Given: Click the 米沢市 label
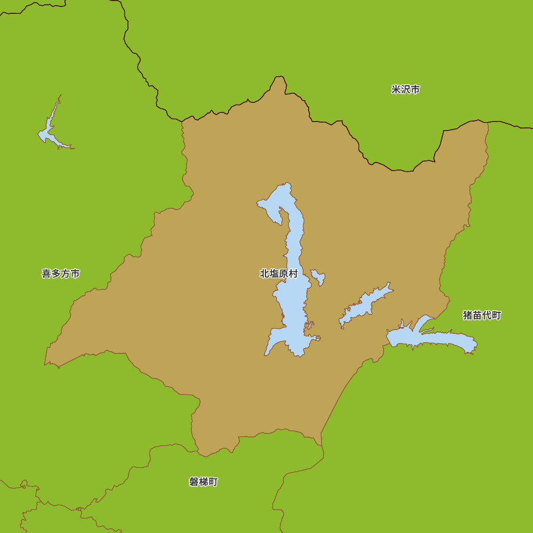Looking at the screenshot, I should pos(405,90).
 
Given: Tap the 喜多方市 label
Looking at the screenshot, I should pos(61,273).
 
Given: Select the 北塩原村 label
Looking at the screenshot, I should pos(278,273).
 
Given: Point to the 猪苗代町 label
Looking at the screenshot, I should pos(482,315).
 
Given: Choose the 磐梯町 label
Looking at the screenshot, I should pos(204,482).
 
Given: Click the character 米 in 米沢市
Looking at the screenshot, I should pos(396,90).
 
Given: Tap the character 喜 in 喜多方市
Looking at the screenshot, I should pos(46,273).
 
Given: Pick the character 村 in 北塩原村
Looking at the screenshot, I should pos(293,273).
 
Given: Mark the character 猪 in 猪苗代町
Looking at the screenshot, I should pos(467,315).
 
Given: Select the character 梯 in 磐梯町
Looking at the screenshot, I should pos(204,482).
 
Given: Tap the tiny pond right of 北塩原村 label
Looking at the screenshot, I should pos(318,276).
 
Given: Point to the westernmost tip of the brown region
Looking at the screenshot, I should pos(46,362).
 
